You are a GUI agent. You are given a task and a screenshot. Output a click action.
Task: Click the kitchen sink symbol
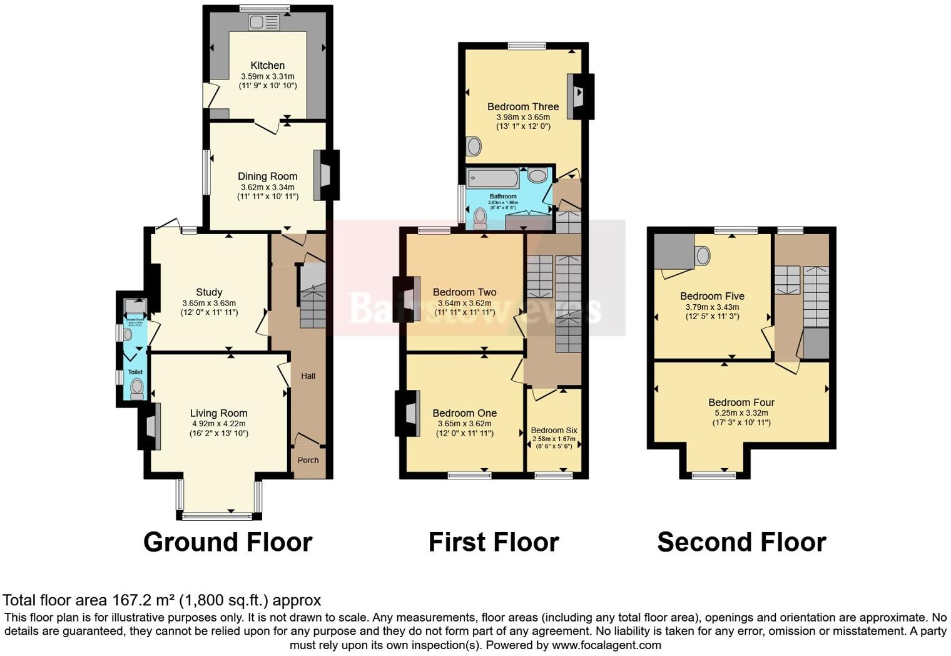[x=263, y=23]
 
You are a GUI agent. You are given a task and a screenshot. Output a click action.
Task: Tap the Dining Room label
[x=267, y=177]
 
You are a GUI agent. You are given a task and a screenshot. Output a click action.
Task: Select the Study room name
[x=209, y=292]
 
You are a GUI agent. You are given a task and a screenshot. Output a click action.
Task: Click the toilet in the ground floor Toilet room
[x=136, y=389]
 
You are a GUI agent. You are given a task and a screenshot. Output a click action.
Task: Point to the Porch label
[x=308, y=460]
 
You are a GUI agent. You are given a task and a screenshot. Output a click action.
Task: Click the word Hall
[x=308, y=376]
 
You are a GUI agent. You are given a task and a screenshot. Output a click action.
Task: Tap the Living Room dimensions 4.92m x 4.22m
[x=218, y=424]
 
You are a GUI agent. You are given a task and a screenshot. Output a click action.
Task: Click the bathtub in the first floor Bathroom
[x=493, y=178]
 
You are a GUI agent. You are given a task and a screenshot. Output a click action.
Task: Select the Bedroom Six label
[x=554, y=431]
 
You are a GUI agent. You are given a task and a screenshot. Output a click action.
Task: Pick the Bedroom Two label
[x=464, y=292]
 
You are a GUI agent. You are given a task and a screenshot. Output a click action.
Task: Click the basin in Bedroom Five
[x=703, y=255]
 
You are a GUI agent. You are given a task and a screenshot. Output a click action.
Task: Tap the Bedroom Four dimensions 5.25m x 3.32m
[x=741, y=413]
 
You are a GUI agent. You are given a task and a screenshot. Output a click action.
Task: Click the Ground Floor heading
[x=228, y=542]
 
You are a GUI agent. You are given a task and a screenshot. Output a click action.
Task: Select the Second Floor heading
[x=741, y=542]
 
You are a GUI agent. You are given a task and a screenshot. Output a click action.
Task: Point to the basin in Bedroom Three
[x=474, y=146]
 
